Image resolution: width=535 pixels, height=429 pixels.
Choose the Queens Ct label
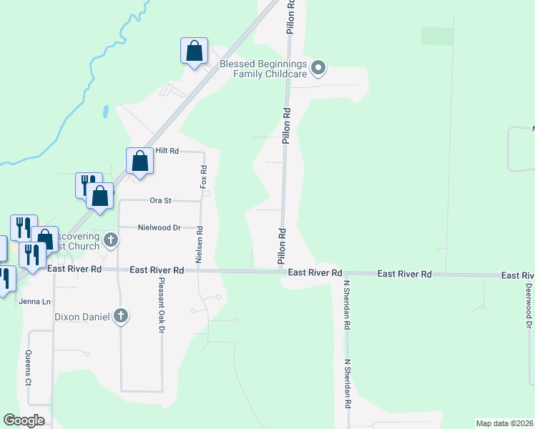29,369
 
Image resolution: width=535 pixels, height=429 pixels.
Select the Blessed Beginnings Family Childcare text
263,69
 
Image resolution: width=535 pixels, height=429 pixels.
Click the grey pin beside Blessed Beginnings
319,69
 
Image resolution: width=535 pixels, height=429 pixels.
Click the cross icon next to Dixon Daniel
121,315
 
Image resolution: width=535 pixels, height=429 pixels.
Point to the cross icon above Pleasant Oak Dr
110,239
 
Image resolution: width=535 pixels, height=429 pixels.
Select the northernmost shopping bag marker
194,51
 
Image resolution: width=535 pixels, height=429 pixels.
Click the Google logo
24,420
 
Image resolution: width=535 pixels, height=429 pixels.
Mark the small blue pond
106,112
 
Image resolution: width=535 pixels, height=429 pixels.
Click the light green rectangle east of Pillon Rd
437,36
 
